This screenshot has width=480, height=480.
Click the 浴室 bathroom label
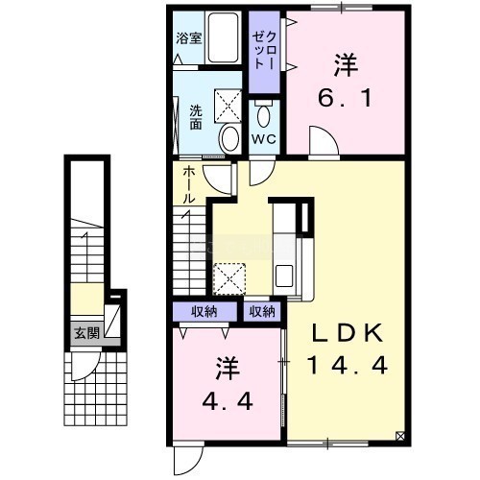point(189,38)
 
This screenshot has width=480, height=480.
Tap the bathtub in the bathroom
point(224,37)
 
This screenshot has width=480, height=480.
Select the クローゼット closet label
point(264,51)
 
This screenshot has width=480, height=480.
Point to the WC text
point(264,139)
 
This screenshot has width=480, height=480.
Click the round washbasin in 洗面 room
point(229,139)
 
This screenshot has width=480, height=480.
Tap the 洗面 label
point(196,117)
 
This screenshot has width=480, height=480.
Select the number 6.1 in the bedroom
point(345,98)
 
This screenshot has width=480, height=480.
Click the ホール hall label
point(189,185)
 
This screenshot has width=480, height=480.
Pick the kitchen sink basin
point(284,276)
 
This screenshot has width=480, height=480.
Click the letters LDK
point(348,333)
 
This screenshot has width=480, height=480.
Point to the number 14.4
point(348,365)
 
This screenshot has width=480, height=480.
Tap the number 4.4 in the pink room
point(228,401)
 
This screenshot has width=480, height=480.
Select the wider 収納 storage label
point(204,312)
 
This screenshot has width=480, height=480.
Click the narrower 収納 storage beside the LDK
point(262,312)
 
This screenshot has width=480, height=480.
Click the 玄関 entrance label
point(86,333)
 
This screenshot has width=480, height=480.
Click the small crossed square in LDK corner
point(400,436)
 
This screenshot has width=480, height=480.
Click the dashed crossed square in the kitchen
point(229,278)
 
